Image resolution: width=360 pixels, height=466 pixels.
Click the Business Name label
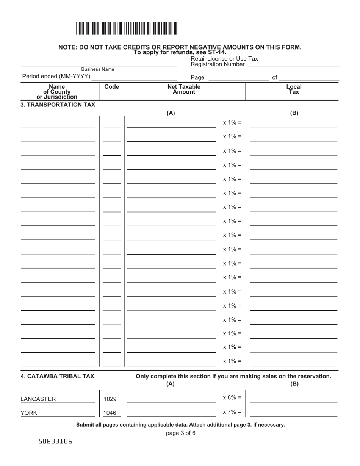pyautogui.click(x=98, y=69)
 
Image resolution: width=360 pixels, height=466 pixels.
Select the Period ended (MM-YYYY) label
pyautogui.click(x=56, y=77)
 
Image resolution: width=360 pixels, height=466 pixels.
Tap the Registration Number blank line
pyautogui.click(x=293, y=65)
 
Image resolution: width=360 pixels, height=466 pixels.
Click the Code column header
pyautogui.click(x=111, y=87)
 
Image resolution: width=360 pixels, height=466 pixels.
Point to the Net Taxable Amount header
pyautogui.click(x=184, y=89)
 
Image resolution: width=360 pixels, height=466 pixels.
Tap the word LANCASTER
pyautogui.click(x=38, y=399)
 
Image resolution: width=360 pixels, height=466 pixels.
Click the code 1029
pyautogui.click(x=110, y=399)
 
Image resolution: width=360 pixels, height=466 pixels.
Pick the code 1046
pyautogui.click(x=110, y=413)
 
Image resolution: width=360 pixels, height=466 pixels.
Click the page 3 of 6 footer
pyautogui.click(x=181, y=433)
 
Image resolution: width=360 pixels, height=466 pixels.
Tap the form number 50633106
pyautogui.click(x=55, y=442)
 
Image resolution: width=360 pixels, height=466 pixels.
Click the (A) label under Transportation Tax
pyautogui.click(x=171, y=113)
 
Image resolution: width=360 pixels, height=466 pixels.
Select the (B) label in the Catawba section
pyautogui.click(x=294, y=383)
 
